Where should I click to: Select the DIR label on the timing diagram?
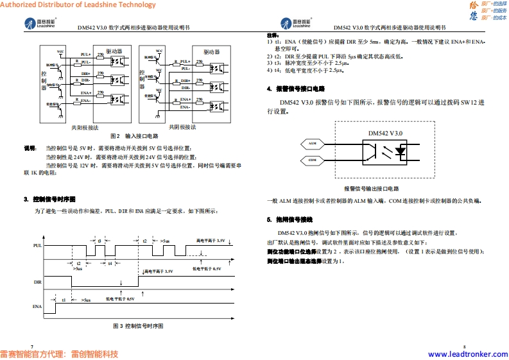(37, 282)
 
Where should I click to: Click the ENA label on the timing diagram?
(37, 307)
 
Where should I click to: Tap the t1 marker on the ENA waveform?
(64, 300)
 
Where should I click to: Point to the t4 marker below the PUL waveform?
(110, 263)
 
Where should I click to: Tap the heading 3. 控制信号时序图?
(49, 198)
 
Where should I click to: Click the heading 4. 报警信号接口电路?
(296, 89)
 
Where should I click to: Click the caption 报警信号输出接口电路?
(371, 189)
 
